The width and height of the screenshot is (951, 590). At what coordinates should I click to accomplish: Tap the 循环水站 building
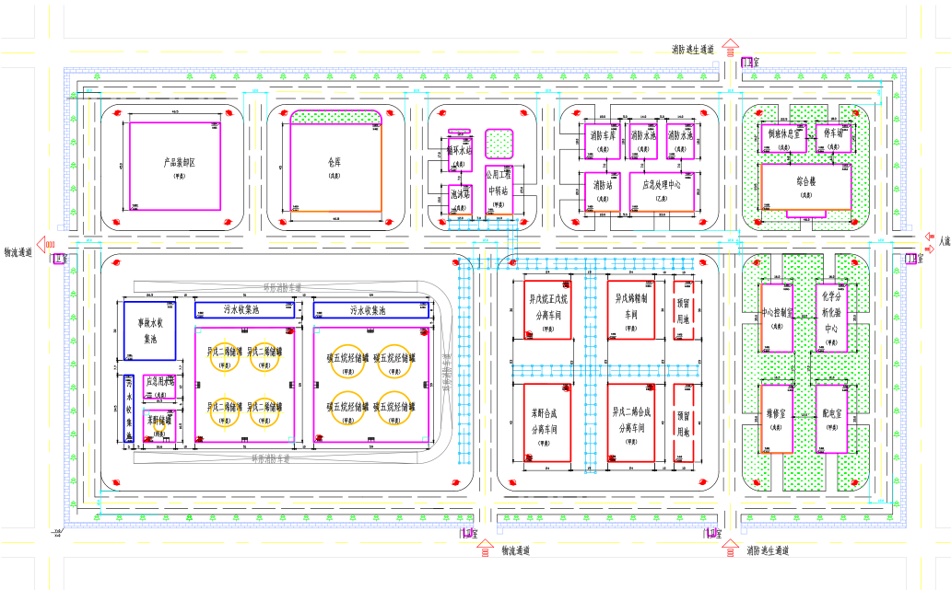tap(459, 150)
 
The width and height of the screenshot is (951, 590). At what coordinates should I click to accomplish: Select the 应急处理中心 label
tap(661, 185)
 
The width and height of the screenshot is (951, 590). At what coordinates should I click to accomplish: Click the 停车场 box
tap(834, 136)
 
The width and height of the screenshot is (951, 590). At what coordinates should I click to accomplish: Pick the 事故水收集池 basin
tap(151, 330)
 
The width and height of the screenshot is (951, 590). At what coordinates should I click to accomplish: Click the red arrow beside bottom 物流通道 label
tap(485, 550)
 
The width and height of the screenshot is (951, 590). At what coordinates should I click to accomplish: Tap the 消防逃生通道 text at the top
tap(693, 49)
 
